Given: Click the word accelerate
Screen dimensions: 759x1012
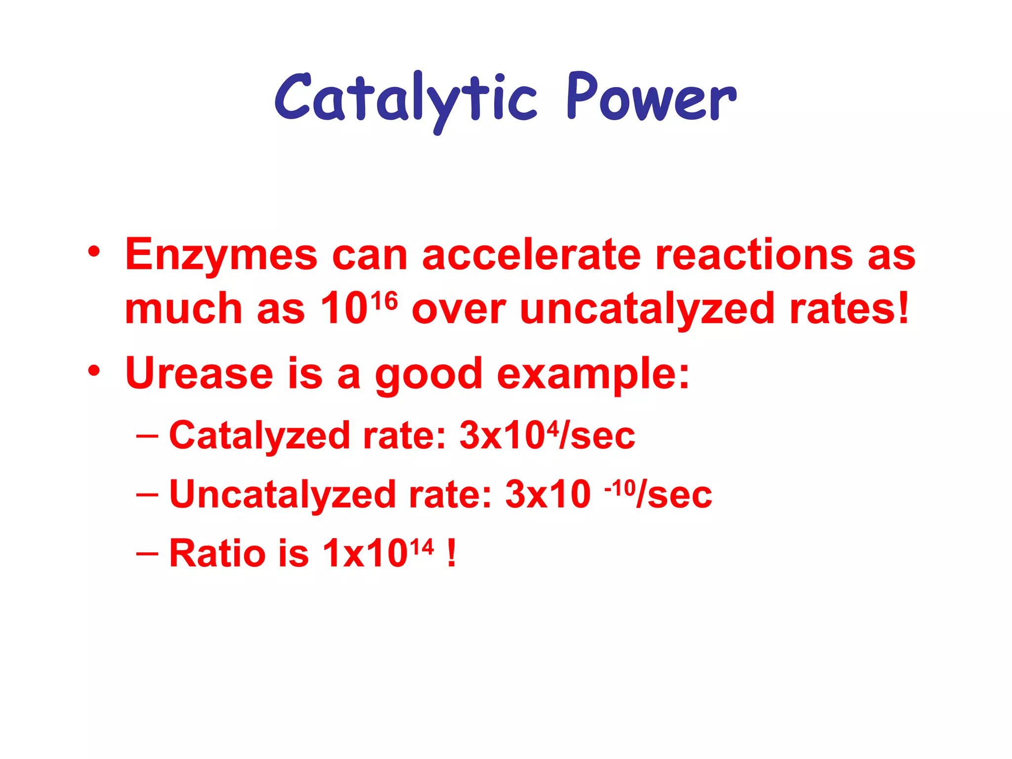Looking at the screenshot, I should pos(531,255).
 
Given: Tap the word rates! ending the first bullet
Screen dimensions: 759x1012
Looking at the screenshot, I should pos(849,309).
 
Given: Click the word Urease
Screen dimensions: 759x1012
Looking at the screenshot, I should pos(199,373).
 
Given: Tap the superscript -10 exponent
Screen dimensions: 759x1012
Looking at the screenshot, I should pos(620,488).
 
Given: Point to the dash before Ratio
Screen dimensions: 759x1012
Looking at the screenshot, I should pos(147,553).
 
